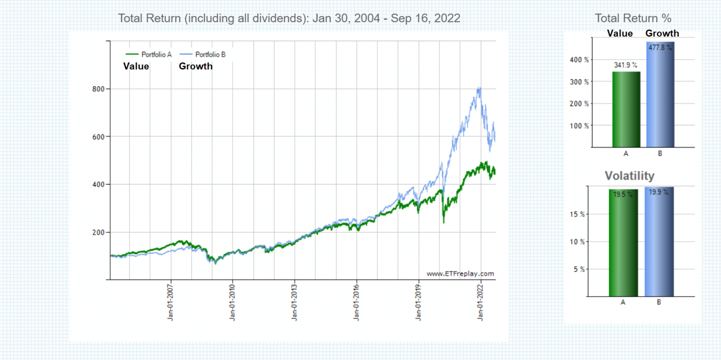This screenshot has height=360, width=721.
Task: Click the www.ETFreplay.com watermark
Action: (x=460, y=274)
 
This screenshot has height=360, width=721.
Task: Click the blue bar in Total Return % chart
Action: (x=660, y=94)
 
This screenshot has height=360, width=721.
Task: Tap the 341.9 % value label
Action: (x=626, y=65)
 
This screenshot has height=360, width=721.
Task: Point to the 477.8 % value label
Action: (x=660, y=47)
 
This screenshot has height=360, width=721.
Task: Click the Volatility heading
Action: (x=629, y=176)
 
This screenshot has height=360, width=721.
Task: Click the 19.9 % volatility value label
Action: (x=659, y=192)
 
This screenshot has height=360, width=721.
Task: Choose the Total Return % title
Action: (x=633, y=18)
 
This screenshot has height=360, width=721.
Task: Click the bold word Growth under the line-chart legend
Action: (x=195, y=66)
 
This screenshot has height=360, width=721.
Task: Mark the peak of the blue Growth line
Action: (x=479, y=88)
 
